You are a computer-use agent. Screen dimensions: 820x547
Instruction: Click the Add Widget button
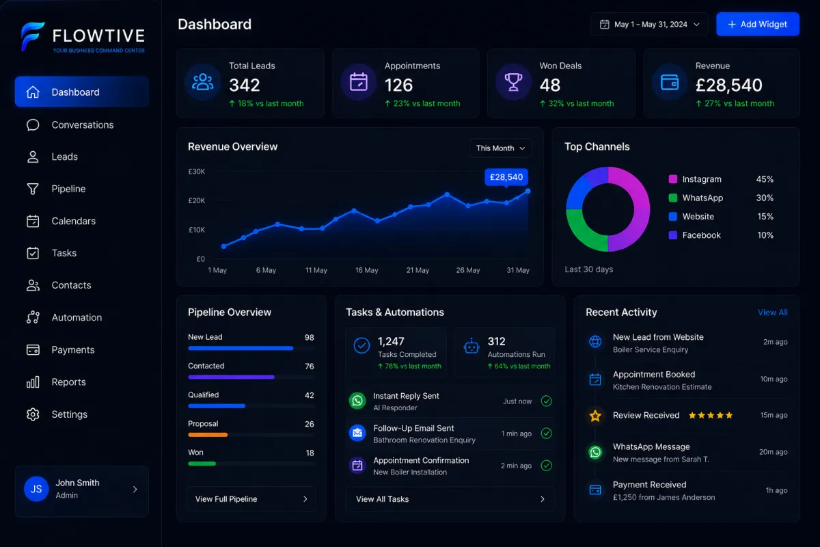pyautogui.click(x=757, y=24)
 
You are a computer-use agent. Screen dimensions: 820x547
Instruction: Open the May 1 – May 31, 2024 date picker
pyautogui.click(x=649, y=24)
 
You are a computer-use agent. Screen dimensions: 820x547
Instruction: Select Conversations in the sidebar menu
pyautogui.click(x=83, y=124)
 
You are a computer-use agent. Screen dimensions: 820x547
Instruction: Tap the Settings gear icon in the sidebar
pyautogui.click(x=33, y=414)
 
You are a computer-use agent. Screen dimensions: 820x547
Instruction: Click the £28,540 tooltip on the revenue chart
pyautogui.click(x=506, y=177)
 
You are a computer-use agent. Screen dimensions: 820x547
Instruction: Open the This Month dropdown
pyautogui.click(x=500, y=148)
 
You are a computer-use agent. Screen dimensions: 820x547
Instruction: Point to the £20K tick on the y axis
pyautogui.click(x=197, y=200)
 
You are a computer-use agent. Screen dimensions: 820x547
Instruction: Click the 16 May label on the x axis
pyautogui.click(x=366, y=270)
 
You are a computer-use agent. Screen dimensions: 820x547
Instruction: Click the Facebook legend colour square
pyautogui.click(x=673, y=235)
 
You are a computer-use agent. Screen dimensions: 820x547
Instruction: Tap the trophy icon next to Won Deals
pyautogui.click(x=513, y=82)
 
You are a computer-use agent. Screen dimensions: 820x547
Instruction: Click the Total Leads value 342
pyautogui.click(x=244, y=85)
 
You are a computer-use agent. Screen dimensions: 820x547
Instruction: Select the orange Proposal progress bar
pyautogui.click(x=208, y=435)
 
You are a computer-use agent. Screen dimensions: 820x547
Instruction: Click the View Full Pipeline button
pyautogui.click(x=251, y=499)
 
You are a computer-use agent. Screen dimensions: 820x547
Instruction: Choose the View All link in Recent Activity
pyautogui.click(x=772, y=312)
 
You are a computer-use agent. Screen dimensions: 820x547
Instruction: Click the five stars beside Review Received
pyautogui.click(x=711, y=415)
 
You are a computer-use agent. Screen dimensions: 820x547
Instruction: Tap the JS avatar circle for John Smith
pyautogui.click(x=36, y=489)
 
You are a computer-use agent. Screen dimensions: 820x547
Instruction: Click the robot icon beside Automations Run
pyautogui.click(x=471, y=346)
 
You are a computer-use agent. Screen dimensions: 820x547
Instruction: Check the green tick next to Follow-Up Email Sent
pyautogui.click(x=546, y=433)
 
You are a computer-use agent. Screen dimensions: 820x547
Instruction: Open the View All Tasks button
pyautogui.click(x=450, y=499)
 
